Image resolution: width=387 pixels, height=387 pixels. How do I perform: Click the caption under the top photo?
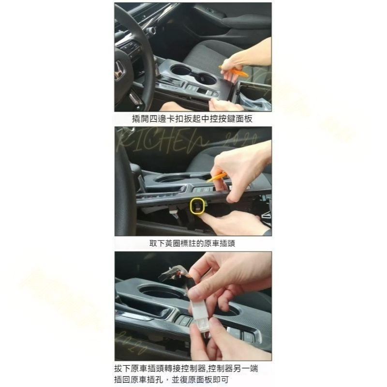193,119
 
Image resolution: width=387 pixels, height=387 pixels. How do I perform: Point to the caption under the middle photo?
193,243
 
